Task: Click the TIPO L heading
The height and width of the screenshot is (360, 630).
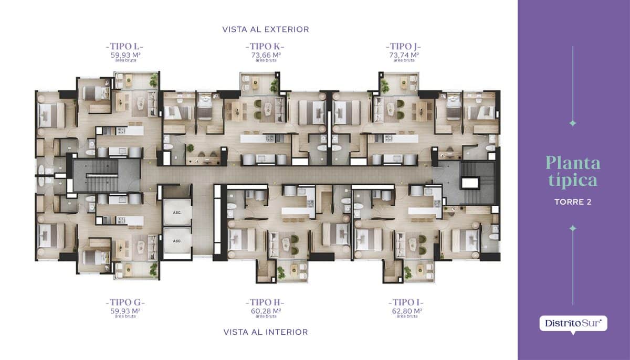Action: tap(124, 46)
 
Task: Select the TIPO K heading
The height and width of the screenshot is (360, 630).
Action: tap(265, 46)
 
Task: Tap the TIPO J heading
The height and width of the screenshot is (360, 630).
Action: tap(404, 46)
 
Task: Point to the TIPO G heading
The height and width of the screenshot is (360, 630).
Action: tap(125, 302)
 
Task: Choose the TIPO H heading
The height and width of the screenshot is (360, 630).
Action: tap(265, 302)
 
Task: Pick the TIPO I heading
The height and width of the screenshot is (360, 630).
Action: tap(406, 302)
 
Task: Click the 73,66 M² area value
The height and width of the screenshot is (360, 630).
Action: tap(266, 55)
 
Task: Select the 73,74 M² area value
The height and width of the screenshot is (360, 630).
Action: tap(404, 55)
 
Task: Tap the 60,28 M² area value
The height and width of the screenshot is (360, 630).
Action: tap(266, 311)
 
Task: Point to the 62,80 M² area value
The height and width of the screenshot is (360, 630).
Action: tap(407, 311)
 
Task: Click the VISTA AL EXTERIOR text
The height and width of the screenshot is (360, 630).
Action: tap(266, 29)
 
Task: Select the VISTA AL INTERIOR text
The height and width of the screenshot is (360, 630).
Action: tap(266, 332)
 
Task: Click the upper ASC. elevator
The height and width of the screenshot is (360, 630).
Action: tap(177, 212)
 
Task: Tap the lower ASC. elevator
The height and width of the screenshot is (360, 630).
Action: tap(177, 241)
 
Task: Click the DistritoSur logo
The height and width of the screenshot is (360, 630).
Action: tap(573, 324)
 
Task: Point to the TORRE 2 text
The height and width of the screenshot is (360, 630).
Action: tap(573, 202)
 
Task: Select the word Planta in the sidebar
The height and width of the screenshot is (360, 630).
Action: tap(573, 163)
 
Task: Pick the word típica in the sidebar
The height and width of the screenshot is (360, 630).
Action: tap(573, 180)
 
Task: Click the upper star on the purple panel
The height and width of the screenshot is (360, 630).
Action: tap(573, 123)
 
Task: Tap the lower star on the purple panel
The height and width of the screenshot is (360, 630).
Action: tap(573, 228)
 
